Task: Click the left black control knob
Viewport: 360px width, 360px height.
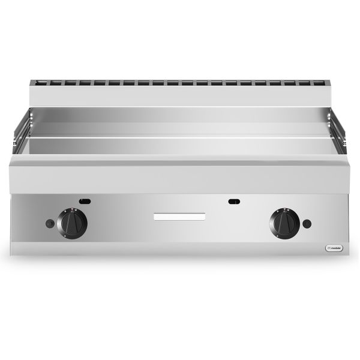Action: pyautogui.click(x=73, y=223)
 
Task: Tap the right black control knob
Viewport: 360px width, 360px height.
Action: pyautogui.click(x=284, y=223)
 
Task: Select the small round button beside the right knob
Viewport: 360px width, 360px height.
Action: pyautogui.click(x=307, y=224)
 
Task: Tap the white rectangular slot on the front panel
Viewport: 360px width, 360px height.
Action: pyautogui.click(x=179, y=216)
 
